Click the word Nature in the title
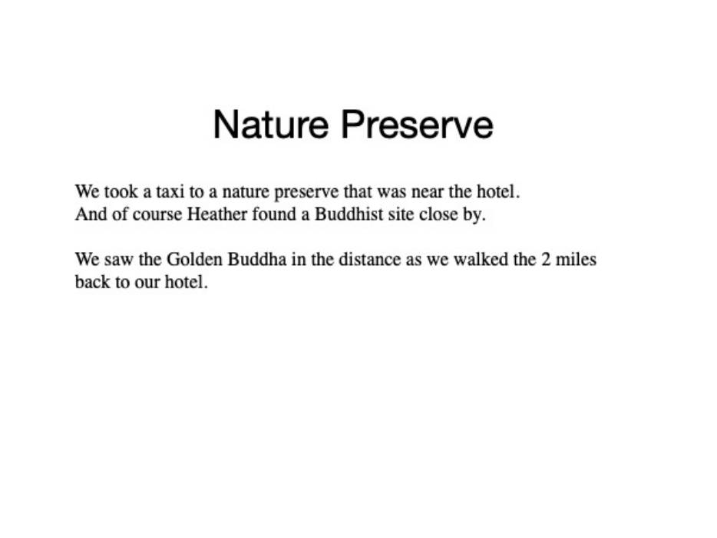(271, 124)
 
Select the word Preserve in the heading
(417, 124)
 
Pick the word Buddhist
(349, 214)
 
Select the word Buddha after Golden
(257, 259)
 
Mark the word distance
(369, 259)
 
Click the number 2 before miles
(546, 259)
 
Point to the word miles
(576, 259)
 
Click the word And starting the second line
(91, 214)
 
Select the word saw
(118, 259)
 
